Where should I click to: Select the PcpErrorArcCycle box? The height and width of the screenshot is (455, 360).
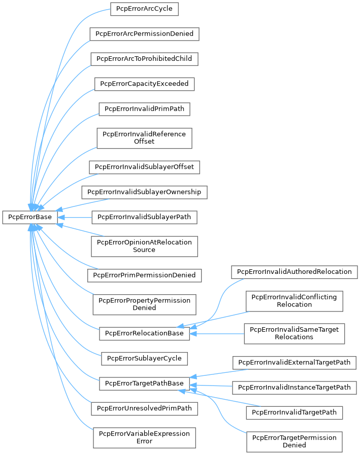click(x=144, y=9)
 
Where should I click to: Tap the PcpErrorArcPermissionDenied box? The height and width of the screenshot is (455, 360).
click(x=144, y=34)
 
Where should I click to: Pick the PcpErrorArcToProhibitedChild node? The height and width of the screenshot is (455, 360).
click(x=144, y=58)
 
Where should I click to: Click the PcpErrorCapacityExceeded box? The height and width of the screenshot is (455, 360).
click(x=144, y=83)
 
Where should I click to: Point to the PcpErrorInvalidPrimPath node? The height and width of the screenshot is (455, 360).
click(x=144, y=108)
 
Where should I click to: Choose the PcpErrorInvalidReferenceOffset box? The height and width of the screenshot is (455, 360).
click(x=144, y=137)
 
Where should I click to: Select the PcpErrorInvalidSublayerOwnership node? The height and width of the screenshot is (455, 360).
click(x=144, y=192)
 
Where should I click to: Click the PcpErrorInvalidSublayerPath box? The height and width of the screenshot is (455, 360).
click(x=144, y=217)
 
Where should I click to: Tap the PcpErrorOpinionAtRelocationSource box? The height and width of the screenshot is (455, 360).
click(x=144, y=246)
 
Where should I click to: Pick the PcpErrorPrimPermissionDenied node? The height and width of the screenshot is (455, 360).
click(x=144, y=275)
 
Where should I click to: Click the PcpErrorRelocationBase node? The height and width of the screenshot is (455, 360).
click(x=144, y=333)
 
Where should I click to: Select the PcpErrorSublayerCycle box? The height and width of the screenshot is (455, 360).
click(x=144, y=358)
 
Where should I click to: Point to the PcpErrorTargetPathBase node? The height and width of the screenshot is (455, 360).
click(x=144, y=383)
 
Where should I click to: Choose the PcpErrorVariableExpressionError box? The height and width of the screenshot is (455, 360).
click(x=144, y=437)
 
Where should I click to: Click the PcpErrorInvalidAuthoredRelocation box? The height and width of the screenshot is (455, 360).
click(x=294, y=271)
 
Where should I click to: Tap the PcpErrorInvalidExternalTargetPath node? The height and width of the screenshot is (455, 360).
click(x=294, y=362)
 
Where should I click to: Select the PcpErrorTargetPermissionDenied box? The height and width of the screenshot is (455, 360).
click(x=294, y=441)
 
